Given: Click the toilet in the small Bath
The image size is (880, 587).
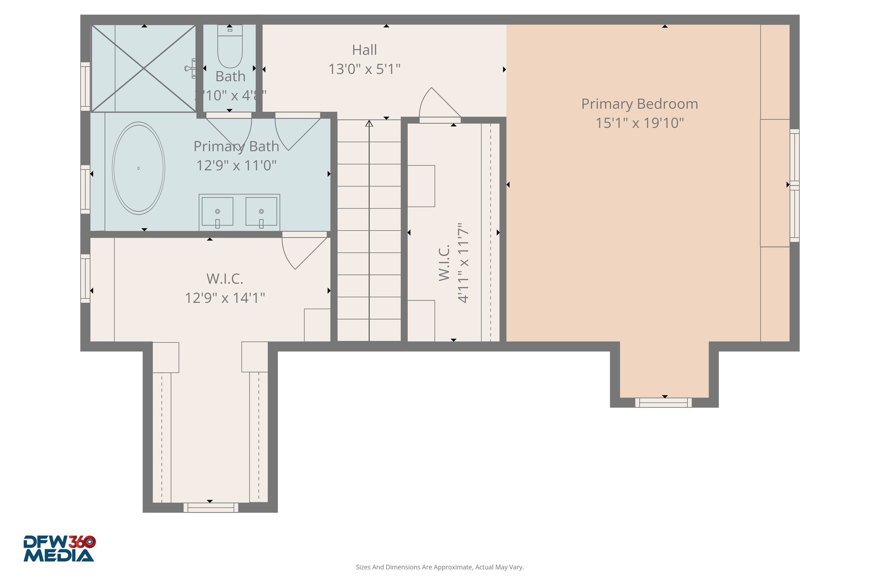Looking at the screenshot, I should (x=230, y=47).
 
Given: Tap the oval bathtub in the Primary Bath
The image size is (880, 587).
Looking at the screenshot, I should (x=138, y=168).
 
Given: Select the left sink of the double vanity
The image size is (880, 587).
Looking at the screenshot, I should (x=217, y=212).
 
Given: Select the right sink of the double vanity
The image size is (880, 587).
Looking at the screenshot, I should (x=261, y=212).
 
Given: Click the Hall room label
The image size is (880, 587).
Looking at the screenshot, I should (x=364, y=50).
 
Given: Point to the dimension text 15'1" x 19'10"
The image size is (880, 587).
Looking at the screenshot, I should (x=639, y=123).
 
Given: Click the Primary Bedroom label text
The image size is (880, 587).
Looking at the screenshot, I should (x=639, y=104).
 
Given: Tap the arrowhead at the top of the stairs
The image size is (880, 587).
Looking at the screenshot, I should (x=369, y=123).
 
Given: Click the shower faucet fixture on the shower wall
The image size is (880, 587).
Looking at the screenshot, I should (x=191, y=68).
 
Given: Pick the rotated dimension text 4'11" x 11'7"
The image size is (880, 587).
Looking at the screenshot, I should (x=463, y=263).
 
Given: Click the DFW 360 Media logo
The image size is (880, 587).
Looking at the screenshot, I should (x=59, y=548).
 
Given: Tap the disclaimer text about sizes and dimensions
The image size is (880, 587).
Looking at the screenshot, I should (x=440, y=567).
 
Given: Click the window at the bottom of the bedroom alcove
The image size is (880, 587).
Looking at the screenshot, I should (x=663, y=403).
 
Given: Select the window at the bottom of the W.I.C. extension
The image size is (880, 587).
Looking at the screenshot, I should (x=211, y=507).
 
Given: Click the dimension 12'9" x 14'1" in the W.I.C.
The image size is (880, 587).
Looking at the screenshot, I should (x=225, y=298).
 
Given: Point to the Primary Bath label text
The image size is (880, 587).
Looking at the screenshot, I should (x=236, y=147).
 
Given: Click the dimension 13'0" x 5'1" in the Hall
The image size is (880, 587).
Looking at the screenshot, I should (x=364, y=69).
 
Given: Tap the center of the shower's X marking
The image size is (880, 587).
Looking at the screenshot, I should (x=144, y=68).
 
